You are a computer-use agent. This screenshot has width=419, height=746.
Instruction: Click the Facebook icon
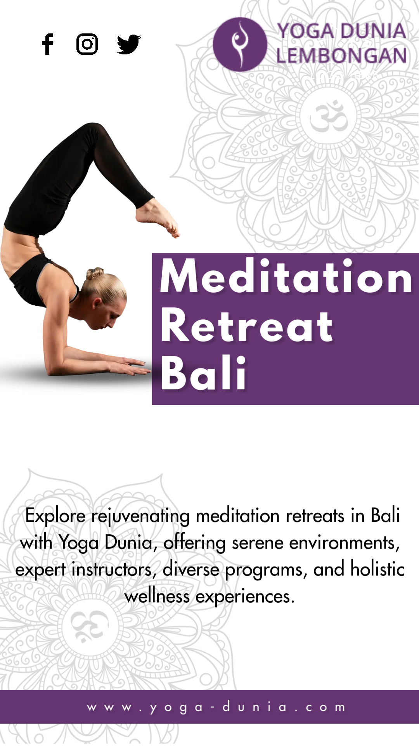pos(48,44)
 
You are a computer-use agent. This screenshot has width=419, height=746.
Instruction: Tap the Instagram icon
pos(87,44)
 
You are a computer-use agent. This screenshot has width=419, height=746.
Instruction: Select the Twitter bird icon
pos(128,44)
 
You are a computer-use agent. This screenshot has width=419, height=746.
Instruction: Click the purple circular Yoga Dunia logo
pos(240,44)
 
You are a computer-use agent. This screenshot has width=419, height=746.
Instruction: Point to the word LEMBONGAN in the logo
pos(341,56)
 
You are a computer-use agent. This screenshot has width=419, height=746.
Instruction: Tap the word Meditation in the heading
pos(286,276)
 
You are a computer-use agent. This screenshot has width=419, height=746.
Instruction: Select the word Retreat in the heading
pos(247,326)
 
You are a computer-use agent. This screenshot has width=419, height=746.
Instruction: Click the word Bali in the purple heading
pos(204,373)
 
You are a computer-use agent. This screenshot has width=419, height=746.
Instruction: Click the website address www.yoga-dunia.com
pos(216,707)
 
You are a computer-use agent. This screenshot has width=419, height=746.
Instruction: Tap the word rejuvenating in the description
pos(141,517)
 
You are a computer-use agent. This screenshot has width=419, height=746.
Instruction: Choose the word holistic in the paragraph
pos(377,569)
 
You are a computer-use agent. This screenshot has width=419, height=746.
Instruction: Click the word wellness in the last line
pos(157,596)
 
